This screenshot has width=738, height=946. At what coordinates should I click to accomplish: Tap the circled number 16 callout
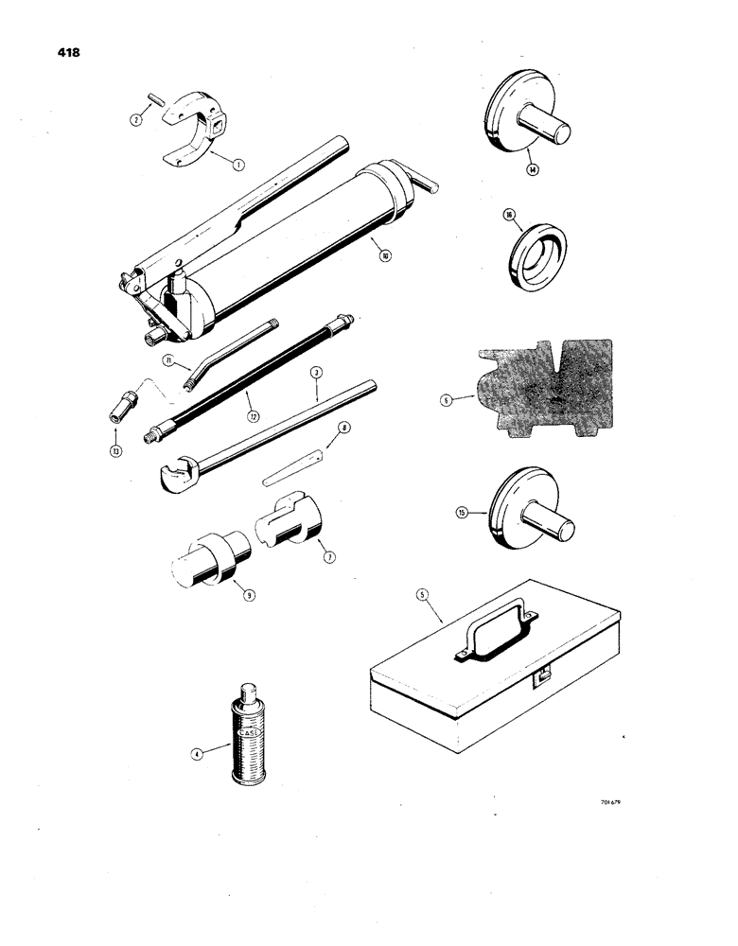509,216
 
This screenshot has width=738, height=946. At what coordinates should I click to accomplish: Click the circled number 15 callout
463,513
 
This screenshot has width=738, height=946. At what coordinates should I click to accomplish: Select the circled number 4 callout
196,754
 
